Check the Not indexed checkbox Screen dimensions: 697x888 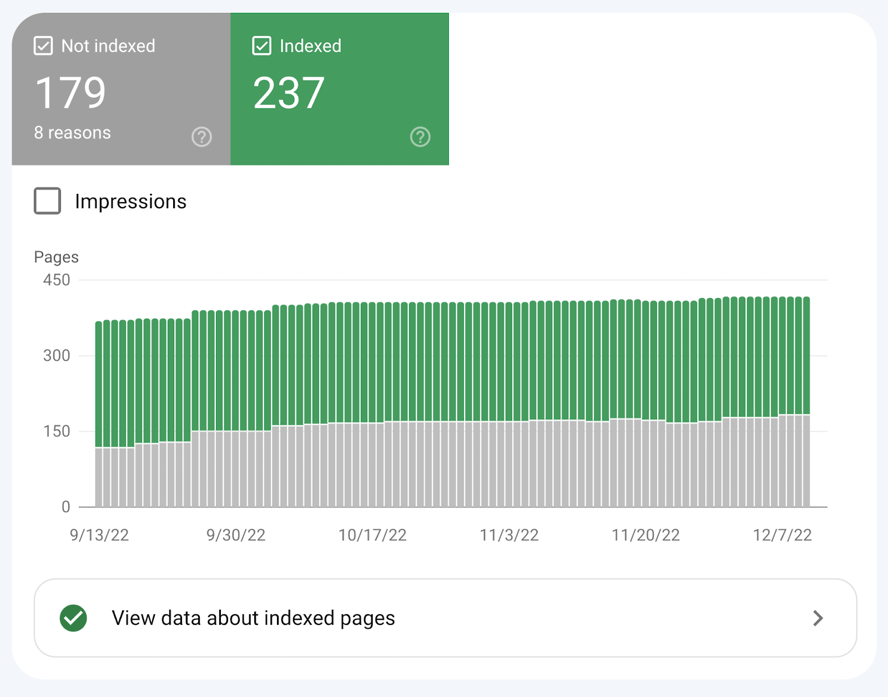point(43,46)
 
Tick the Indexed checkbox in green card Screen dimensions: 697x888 point(262,46)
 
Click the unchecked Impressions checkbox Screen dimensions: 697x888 point(48,201)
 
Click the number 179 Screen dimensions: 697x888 point(70,93)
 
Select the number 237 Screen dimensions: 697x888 point(289,93)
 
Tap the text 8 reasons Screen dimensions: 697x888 point(72,133)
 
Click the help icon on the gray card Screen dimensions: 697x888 point(201,137)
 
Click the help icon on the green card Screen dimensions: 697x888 point(420,137)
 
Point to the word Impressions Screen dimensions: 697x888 point(130,202)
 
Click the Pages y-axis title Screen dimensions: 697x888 point(56,257)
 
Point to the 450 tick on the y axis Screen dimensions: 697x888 point(57,280)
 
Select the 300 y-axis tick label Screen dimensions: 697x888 point(57,355)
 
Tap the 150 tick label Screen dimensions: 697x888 point(57,431)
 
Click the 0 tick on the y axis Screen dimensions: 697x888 point(65,507)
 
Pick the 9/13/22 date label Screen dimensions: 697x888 point(99,535)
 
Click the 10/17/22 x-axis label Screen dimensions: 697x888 point(372,535)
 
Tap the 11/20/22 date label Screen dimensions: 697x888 point(645,535)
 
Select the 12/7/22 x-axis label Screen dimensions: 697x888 point(782,535)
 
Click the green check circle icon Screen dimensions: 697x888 point(74,618)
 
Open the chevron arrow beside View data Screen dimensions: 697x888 point(818,618)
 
